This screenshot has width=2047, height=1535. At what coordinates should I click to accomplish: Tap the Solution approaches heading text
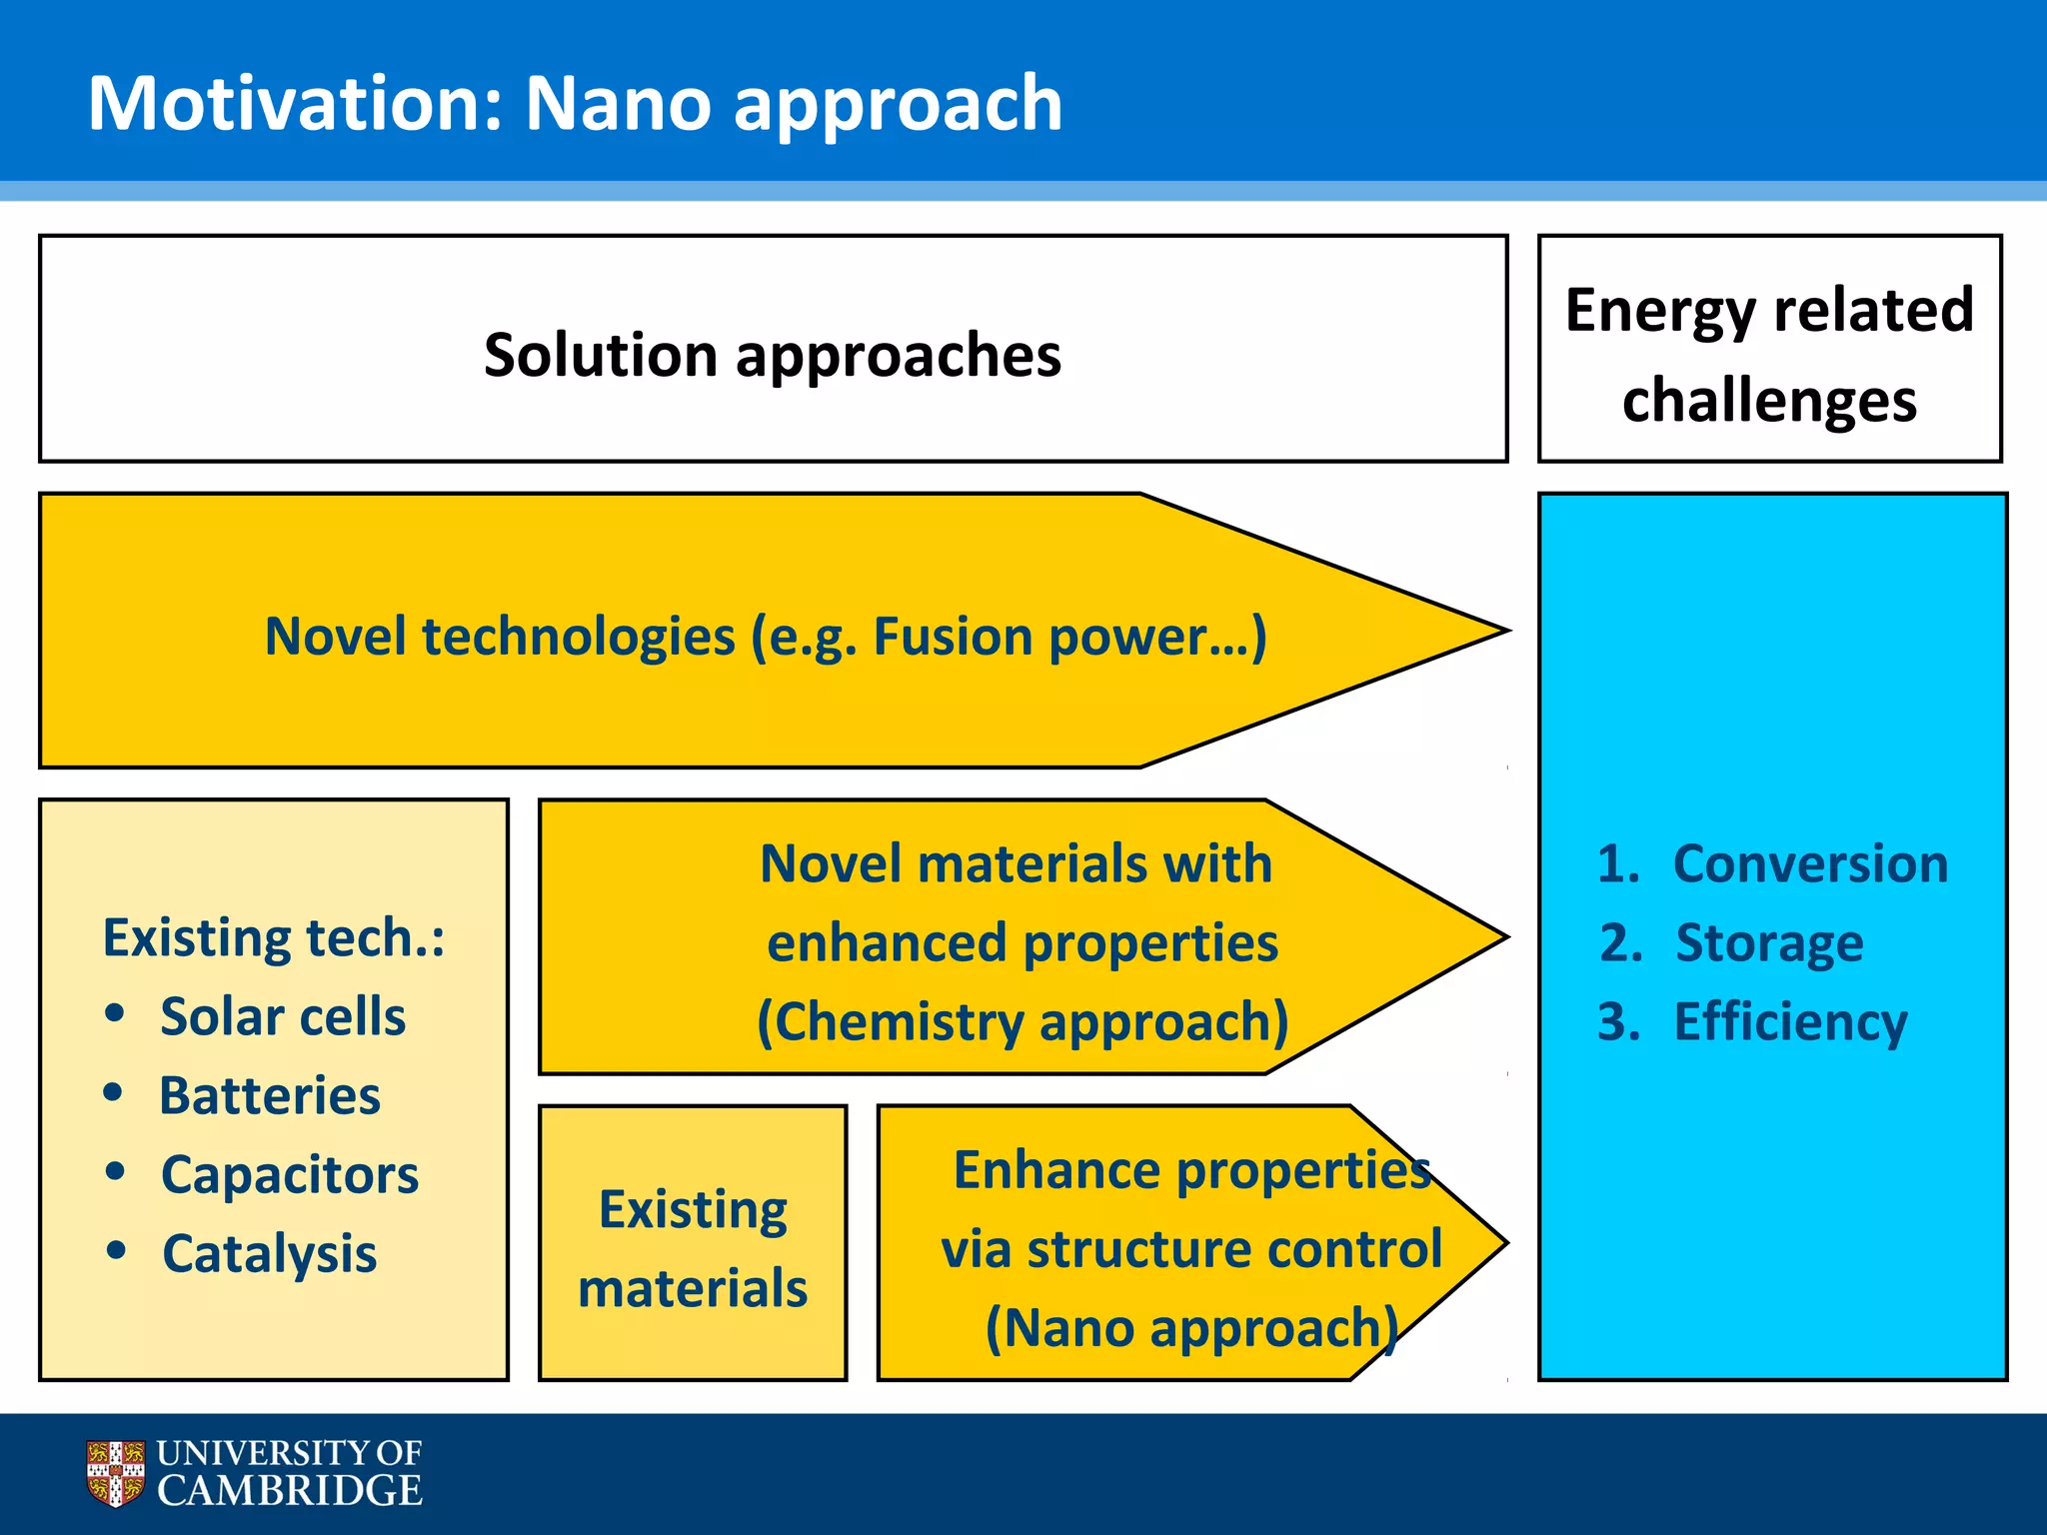tap(772, 355)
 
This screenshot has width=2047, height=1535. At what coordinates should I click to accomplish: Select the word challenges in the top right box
tap(1769, 401)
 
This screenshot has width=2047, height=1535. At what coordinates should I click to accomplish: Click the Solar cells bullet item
tap(283, 1017)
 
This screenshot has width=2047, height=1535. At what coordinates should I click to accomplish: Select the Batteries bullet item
tap(270, 1096)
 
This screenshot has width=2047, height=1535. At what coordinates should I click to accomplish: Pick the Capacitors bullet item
tap(290, 1175)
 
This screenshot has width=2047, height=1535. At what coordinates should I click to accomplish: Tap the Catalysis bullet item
tap(270, 1254)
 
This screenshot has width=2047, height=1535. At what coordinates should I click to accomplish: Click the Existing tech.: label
tap(274, 938)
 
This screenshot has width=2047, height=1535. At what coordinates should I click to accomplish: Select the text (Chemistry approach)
tap(1022, 1022)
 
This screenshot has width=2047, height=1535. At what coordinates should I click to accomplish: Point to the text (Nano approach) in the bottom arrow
tap(1191, 1329)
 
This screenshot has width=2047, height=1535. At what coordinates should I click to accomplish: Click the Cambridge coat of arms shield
tap(116, 1472)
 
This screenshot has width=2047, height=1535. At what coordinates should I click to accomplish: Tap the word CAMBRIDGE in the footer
tap(290, 1491)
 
